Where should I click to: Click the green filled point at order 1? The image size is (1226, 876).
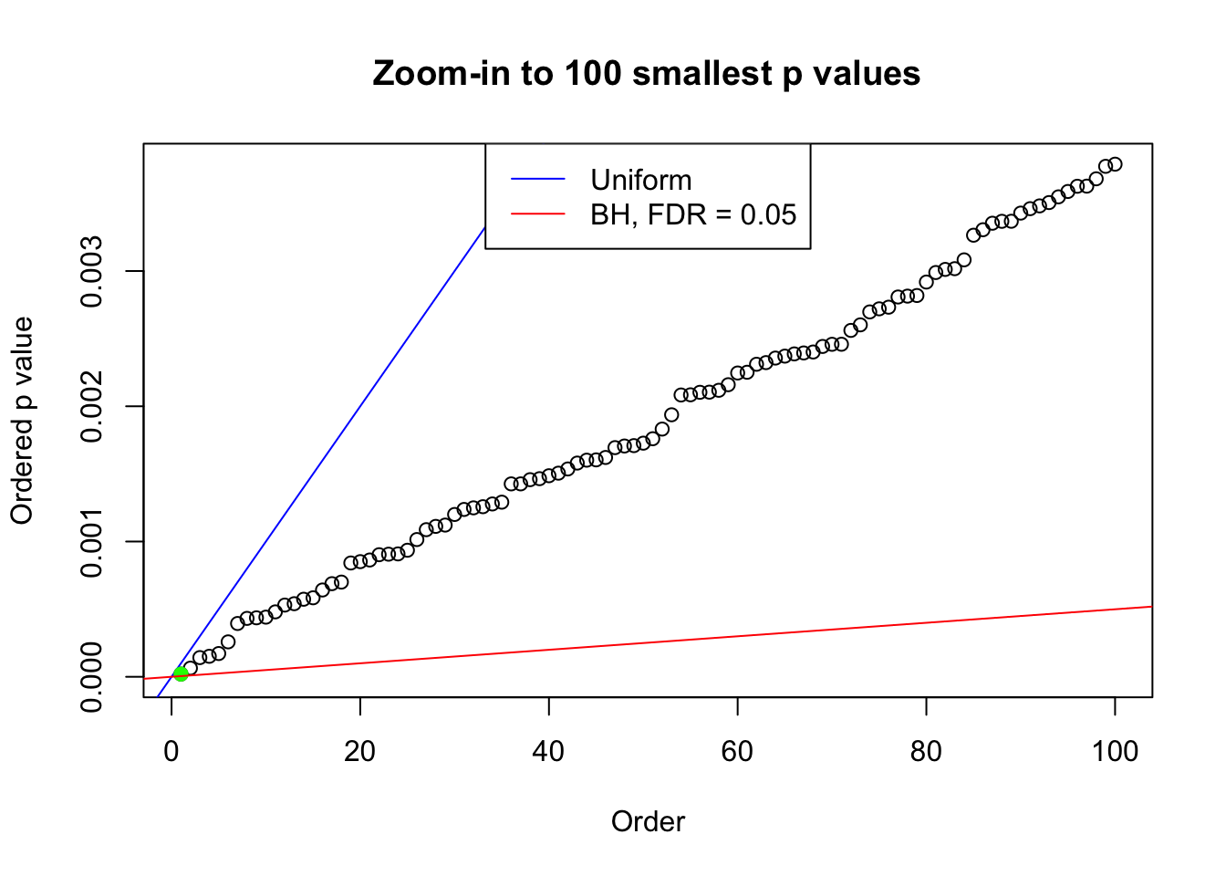181,673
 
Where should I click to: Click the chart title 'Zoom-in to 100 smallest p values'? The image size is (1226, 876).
647,73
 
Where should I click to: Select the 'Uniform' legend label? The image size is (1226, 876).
640,180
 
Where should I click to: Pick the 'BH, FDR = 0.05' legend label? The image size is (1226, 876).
693,214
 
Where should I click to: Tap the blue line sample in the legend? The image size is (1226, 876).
538,180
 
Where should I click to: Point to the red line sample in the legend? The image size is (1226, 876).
538,214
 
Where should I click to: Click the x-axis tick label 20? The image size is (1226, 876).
360,751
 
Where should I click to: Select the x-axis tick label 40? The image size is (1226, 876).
549,751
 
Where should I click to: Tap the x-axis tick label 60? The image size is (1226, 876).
737,751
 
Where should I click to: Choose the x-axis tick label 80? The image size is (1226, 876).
926,751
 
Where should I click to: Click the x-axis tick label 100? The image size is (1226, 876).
1115,751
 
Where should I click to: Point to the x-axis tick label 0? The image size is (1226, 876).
171,751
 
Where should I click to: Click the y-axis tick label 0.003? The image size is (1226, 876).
92,271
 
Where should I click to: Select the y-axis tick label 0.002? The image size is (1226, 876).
92,406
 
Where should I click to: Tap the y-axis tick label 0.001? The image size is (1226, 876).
92,541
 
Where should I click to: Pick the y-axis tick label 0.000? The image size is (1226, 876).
92,676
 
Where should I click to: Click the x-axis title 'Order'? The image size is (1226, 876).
648,821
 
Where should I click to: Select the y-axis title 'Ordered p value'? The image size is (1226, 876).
22,421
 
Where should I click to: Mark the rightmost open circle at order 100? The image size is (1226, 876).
1115,164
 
